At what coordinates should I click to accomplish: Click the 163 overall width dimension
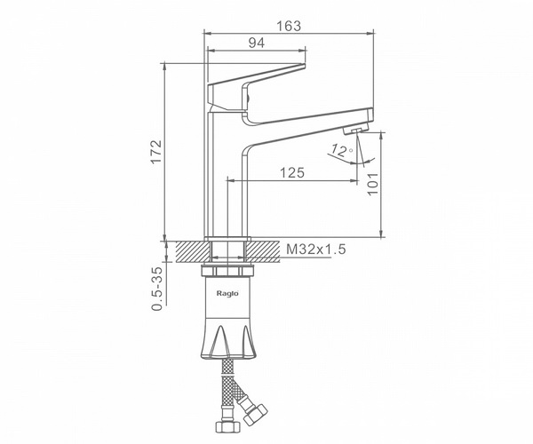(289, 26)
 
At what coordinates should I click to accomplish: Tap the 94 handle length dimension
(257, 44)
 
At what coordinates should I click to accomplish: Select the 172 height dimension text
(156, 152)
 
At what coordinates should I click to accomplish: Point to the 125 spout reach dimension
(292, 173)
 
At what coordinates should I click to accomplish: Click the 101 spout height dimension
(372, 184)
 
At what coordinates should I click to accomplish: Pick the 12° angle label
(342, 150)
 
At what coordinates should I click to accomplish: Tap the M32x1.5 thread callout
(315, 250)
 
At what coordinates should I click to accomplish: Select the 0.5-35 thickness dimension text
(157, 289)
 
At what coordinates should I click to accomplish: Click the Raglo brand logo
(227, 294)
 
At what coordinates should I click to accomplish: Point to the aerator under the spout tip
(355, 130)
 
